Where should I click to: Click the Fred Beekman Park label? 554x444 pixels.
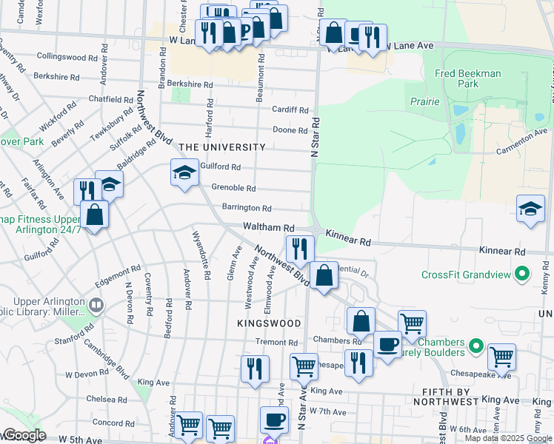478,78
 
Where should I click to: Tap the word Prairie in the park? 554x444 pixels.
422,101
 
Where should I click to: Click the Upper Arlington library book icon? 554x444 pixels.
96,305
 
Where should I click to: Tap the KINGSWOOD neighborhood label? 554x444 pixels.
269,323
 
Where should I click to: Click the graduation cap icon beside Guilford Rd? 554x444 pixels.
184,172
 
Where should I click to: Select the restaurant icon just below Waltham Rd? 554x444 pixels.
300,248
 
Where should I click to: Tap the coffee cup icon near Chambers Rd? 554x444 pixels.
387,344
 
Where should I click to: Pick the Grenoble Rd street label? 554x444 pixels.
233,188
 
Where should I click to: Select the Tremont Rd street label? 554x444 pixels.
276,343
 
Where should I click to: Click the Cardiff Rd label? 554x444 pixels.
289,110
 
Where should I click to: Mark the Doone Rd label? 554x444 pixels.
290,130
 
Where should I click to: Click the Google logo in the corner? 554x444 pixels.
24,436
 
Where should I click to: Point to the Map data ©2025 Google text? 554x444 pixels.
508,438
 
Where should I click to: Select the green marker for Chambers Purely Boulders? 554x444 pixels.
475,346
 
